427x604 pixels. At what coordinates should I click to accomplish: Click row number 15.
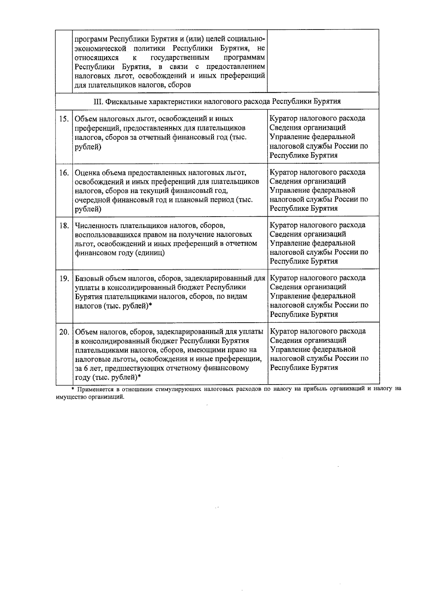64,119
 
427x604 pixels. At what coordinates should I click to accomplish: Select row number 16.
64,173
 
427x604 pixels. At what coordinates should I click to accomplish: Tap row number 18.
64,226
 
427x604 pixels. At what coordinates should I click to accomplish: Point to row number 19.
64,279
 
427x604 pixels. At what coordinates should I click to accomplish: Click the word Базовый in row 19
89,278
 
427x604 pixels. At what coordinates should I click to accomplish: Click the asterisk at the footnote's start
73,389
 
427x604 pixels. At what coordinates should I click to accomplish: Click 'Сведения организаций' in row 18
307,234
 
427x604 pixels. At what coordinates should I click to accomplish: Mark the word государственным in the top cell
180,57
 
